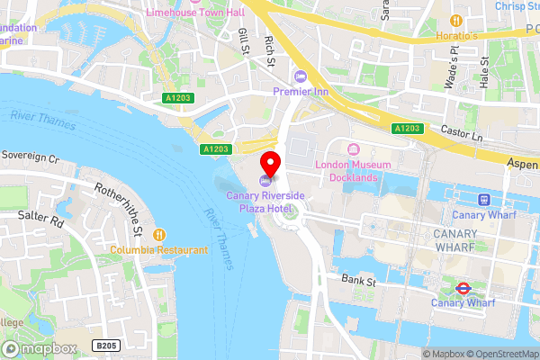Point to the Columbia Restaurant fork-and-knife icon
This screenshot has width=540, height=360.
click(x=159, y=234)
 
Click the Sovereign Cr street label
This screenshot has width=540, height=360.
click(x=30, y=157)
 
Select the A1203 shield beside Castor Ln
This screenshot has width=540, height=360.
click(x=407, y=130)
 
